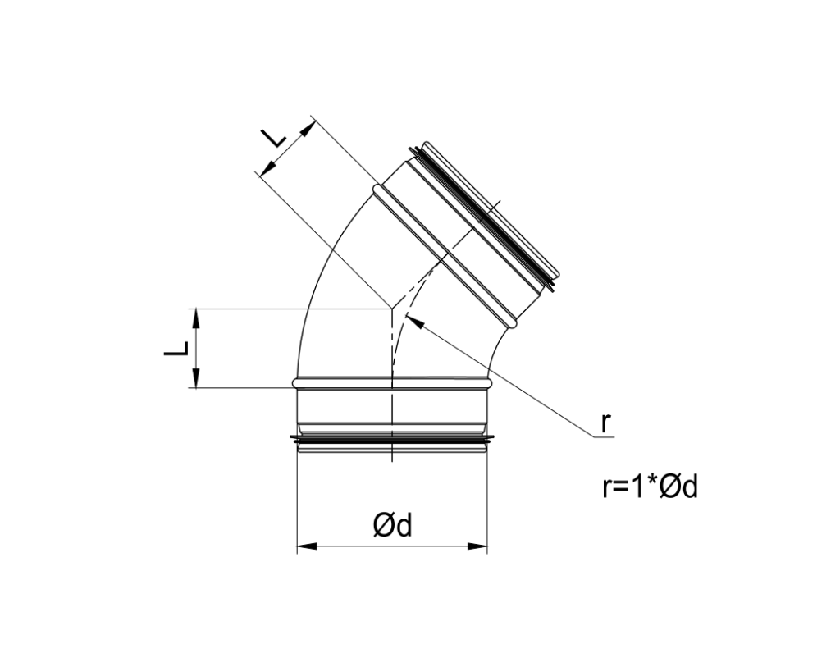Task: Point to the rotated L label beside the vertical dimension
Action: point(176,348)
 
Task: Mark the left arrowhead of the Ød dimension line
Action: point(302,546)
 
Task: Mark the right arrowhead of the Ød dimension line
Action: point(482,546)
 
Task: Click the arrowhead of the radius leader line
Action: point(413,321)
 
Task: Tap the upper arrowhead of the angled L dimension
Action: point(310,126)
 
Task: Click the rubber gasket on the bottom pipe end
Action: point(392,443)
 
